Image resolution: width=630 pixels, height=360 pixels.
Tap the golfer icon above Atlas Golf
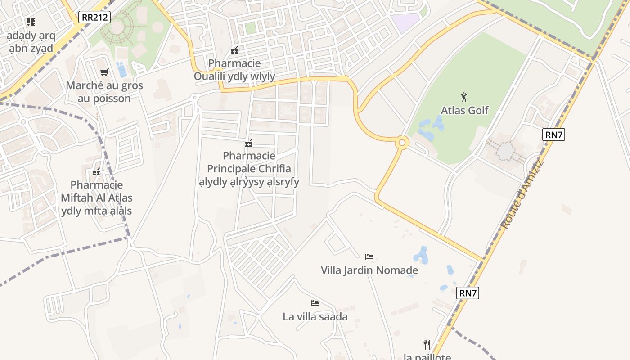click(464, 97)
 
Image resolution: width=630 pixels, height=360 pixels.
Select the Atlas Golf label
click(464, 110)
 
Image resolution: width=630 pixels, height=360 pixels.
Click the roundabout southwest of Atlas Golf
click(402, 143)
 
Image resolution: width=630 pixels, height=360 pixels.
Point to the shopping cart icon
click(104, 72)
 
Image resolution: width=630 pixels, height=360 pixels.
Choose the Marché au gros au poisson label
click(104, 92)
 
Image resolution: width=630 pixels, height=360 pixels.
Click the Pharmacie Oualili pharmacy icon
click(234, 50)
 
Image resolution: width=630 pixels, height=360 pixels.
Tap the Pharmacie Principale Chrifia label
click(249, 169)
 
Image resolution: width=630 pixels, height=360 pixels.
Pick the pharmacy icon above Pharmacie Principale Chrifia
click(249, 144)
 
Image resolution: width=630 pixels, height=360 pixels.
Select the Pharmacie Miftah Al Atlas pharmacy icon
click(96, 172)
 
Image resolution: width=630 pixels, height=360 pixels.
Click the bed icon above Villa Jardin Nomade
click(369, 257)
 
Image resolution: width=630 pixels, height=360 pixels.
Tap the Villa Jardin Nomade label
click(369, 270)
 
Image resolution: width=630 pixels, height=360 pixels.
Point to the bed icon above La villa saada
click(315, 303)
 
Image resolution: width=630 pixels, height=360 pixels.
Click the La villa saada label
click(315, 317)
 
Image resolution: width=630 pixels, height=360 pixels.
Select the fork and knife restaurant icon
click(427, 345)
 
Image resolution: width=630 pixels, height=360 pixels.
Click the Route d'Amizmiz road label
click(522, 193)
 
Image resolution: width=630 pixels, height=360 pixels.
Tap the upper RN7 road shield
click(553, 135)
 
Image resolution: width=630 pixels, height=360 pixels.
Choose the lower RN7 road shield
click(468, 293)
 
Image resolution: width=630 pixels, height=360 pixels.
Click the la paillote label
click(427, 357)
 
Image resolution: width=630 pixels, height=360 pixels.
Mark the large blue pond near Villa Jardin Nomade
click(422, 255)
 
